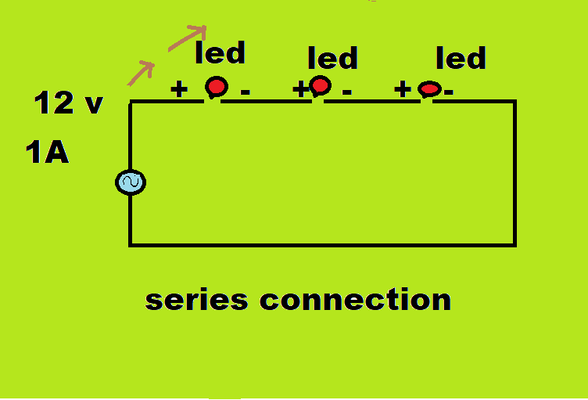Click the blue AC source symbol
click(x=130, y=182)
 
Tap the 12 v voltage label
click(x=69, y=103)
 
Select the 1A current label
click(x=47, y=153)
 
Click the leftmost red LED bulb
click(x=216, y=87)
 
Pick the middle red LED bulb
click(x=320, y=85)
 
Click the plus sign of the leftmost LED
click(x=179, y=89)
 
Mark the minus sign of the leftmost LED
click(x=245, y=92)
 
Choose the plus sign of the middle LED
click(x=301, y=89)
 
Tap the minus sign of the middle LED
click(x=346, y=92)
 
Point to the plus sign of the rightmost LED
click(x=403, y=89)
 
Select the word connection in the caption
click(x=355, y=300)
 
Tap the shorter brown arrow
click(x=141, y=72)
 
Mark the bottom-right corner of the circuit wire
click(x=514, y=244)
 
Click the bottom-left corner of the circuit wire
click(x=131, y=244)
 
